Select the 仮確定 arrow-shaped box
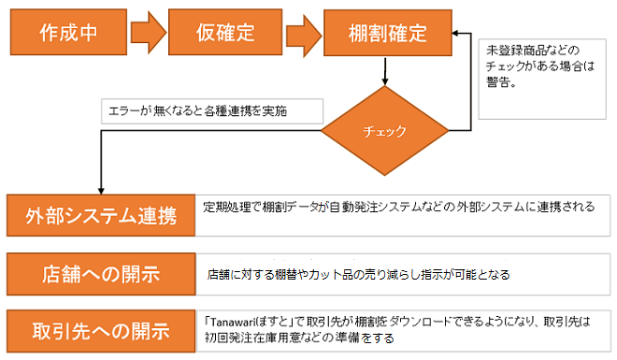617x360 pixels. pyautogui.click(x=224, y=34)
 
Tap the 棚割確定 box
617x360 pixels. pyautogui.click(x=382, y=34)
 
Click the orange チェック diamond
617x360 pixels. pyautogui.click(x=384, y=131)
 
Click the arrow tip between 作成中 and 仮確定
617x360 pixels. pyautogui.click(x=157, y=34)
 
